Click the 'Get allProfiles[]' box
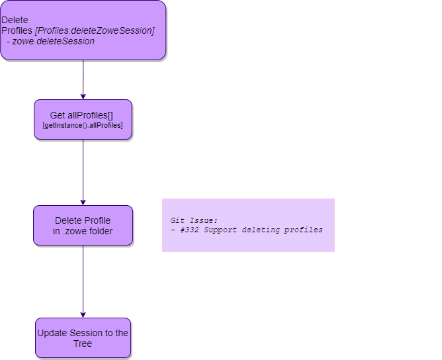83,120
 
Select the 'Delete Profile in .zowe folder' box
83,226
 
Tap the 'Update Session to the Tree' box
83,338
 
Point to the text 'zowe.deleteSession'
54,41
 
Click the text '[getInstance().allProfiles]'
83,126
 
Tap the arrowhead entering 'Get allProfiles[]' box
83,96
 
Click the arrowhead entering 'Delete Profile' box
83,202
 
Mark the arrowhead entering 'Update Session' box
83,314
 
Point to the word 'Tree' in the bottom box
83,343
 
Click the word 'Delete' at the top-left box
15,20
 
